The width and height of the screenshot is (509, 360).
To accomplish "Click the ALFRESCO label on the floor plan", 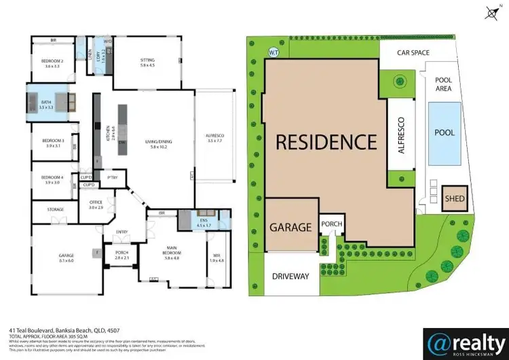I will (x=214, y=139).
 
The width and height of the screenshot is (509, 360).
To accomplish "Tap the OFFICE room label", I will (x=96, y=204).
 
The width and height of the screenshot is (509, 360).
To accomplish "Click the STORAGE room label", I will (x=56, y=210).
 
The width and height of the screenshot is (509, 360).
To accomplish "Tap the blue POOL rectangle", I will (x=445, y=134).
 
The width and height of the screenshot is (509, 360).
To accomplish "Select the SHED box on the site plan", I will (x=453, y=199).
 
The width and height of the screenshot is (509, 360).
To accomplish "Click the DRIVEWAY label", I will (x=290, y=276).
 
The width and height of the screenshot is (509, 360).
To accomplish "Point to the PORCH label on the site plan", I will (x=331, y=223).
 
